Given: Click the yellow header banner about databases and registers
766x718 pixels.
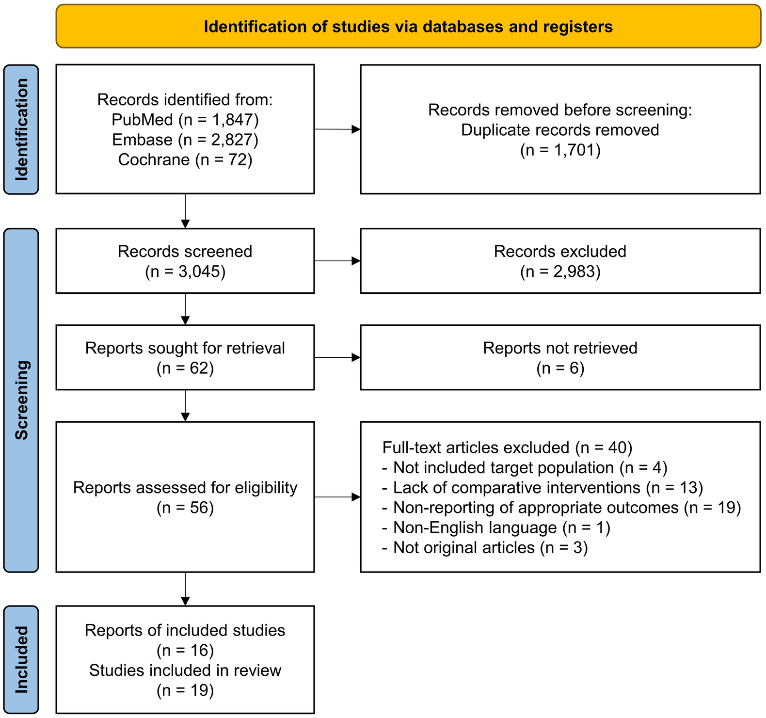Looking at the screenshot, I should click(x=408, y=27).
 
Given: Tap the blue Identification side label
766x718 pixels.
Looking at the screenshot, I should click(x=21, y=129).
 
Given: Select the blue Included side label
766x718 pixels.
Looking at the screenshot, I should click(x=21, y=659).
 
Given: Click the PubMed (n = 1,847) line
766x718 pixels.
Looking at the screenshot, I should click(x=185, y=120).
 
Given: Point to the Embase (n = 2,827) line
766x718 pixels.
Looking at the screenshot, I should click(x=185, y=140).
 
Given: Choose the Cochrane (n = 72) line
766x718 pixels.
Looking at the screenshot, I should click(x=185, y=160).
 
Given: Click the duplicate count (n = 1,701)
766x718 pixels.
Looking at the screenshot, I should click(x=560, y=150).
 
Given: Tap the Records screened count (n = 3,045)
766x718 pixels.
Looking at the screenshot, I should click(x=185, y=271).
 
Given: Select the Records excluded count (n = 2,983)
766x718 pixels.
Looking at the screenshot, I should click(x=560, y=271).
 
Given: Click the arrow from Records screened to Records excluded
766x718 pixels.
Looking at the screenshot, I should click(x=337, y=261).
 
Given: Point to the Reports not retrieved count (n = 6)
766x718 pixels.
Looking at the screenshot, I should click(x=560, y=368).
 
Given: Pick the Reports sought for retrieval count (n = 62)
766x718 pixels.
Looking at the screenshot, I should click(x=185, y=368).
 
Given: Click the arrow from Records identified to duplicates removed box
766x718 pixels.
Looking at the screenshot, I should click(x=337, y=129).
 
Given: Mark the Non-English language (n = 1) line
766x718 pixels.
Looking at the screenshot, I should click(x=496, y=527).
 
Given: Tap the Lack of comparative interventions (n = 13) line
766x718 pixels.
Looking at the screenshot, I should click(x=543, y=487).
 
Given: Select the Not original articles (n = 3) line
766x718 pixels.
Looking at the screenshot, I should click(x=485, y=547).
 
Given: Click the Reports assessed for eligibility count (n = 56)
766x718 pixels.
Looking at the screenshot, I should click(x=185, y=508).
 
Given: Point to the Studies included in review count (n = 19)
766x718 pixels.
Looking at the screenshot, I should click(x=185, y=690).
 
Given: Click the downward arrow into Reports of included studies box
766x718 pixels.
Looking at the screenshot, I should click(x=185, y=589).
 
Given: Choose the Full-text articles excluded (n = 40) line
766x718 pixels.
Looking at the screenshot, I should click(x=507, y=447).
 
